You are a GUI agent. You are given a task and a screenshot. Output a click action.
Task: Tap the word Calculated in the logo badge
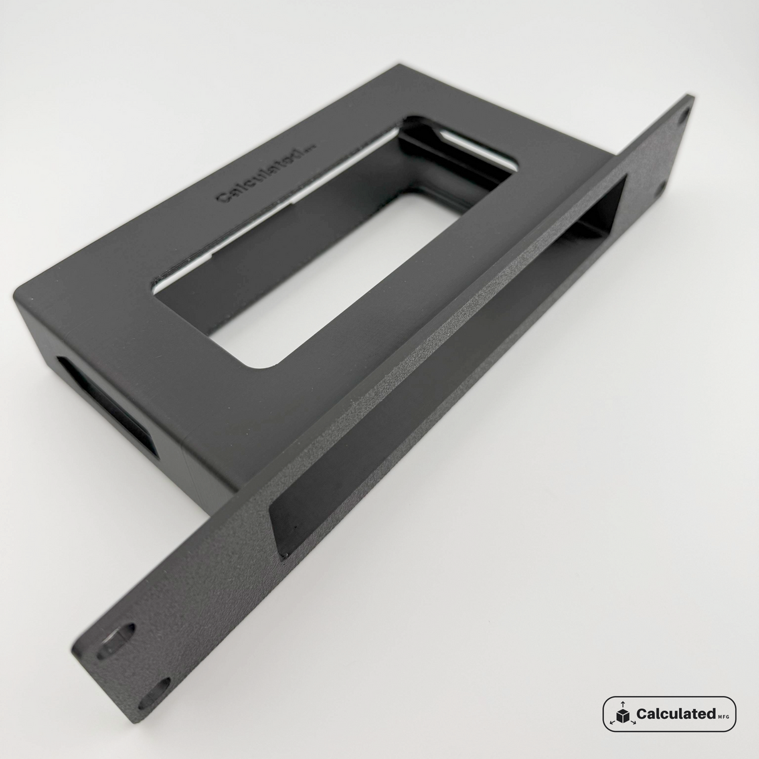(675, 713)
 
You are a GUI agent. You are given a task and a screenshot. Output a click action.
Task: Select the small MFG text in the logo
(724, 716)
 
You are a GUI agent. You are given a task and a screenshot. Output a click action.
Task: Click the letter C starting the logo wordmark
(641, 713)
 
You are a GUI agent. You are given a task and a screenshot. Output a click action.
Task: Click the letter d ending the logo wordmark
(711, 713)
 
